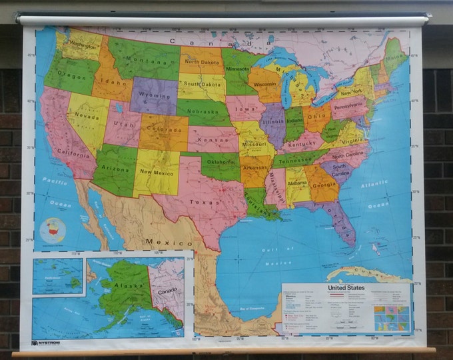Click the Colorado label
[163, 129]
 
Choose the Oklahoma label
[221, 163]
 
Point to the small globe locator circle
[53, 231]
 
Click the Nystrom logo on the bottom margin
[46, 343]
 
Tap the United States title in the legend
[347, 288]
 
